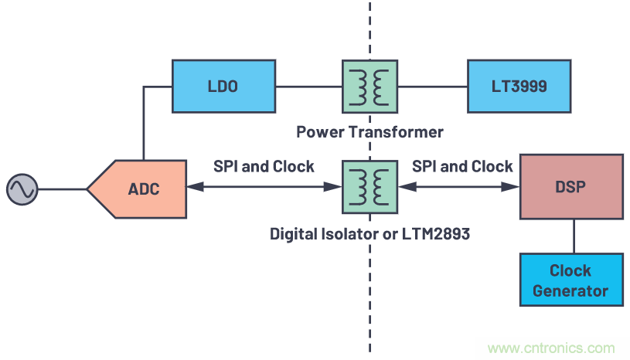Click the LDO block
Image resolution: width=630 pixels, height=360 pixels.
pyautogui.click(x=223, y=87)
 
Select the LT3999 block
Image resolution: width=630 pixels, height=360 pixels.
pyautogui.click(x=519, y=87)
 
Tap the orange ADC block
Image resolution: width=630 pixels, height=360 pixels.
pyautogui.click(x=139, y=188)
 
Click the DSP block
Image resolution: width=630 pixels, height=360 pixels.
pyautogui.click(x=572, y=188)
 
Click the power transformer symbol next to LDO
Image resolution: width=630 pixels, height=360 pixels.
pyautogui.click(x=369, y=87)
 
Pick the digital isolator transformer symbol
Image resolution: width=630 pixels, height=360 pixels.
pyautogui.click(x=369, y=188)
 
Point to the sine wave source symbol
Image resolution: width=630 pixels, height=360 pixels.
pyautogui.click(x=22, y=188)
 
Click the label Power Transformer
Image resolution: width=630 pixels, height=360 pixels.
pyautogui.click(x=369, y=132)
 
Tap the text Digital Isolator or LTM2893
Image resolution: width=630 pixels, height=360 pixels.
pyautogui.click(x=369, y=233)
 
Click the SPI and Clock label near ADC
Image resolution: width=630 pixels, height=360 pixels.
pyautogui.click(x=264, y=167)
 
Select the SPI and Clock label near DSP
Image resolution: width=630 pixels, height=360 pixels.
pyautogui.click(x=462, y=167)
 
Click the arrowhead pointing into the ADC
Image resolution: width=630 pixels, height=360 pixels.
pyautogui.click(x=193, y=188)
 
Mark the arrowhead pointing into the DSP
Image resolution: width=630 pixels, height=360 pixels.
pyautogui.click(x=512, y=188)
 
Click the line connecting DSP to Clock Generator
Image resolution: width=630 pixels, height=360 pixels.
pyautogui.click(x=572, y=236)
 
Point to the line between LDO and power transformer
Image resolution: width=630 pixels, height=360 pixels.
pyautogui.click(x=308, y=87)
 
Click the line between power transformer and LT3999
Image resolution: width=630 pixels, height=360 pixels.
pyautogui.click(x=431, y=87)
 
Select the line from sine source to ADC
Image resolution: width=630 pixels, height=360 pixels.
pyautogui.click(x=61, y=188)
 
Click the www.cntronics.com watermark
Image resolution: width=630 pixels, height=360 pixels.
pyautogui.click(x=551, y=348)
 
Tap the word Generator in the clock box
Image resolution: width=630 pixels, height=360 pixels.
pyautogui.click(x=570, y=291)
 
